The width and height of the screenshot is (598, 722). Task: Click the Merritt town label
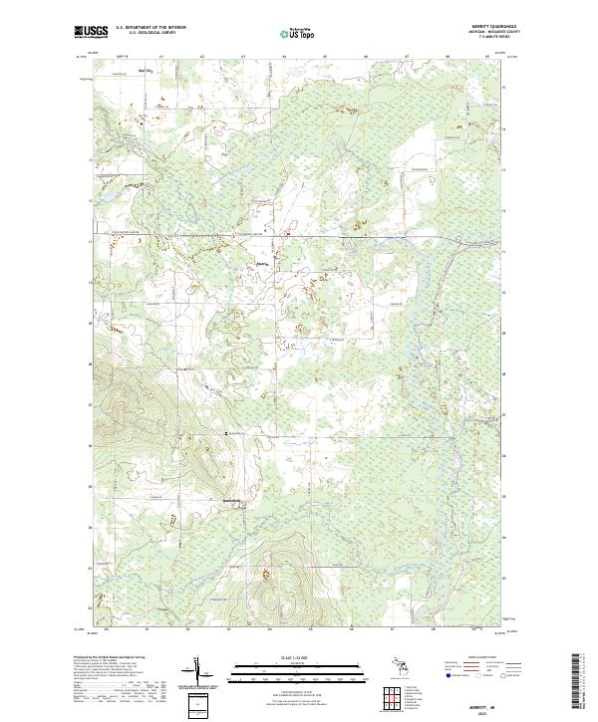click(x=263, y=263)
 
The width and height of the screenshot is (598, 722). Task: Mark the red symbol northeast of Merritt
click(x=289, y=235)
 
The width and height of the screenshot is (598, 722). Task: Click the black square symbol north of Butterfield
click(x=228, y=434)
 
